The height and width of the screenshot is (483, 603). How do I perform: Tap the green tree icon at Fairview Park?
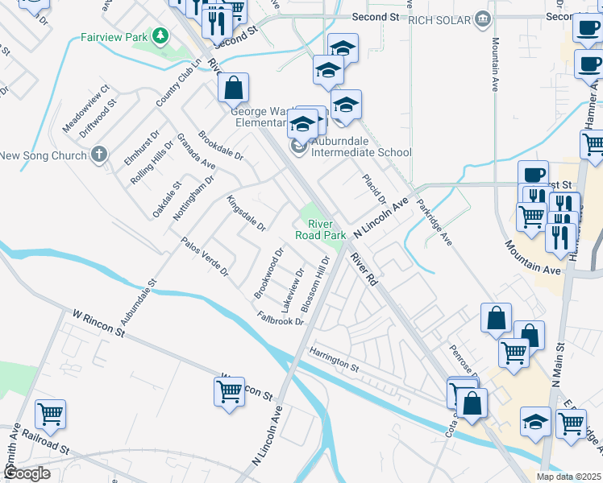tap(160, 35)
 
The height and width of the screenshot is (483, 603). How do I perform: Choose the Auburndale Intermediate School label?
tap(360, 152)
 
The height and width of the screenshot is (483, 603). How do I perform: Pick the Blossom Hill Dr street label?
tap(315, 286)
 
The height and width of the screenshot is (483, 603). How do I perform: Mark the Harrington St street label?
tap(333, 358)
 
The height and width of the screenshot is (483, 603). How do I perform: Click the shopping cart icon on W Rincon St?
tap(229, 391)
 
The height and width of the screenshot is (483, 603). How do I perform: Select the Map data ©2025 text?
tap(568, 477)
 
